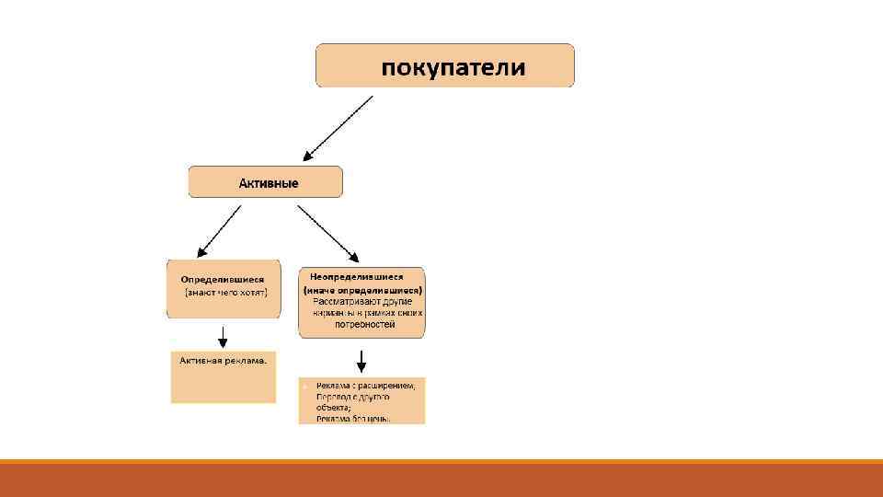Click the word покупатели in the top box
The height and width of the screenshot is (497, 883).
pos(453,67)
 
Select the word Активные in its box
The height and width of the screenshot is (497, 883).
pos(269,183)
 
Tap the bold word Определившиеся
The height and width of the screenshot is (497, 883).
pos(223,279)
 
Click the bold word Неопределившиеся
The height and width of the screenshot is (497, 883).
pos(357,276)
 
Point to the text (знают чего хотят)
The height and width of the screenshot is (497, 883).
pos(225,293)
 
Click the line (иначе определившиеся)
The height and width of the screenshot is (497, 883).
pos(362,289)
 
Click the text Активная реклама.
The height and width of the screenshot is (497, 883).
pos(224,361)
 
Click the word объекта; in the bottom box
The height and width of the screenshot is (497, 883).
pos(333,406)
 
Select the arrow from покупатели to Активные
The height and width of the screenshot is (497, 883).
pos(338,128)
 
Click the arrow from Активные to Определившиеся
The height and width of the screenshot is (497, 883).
pos(219,230)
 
